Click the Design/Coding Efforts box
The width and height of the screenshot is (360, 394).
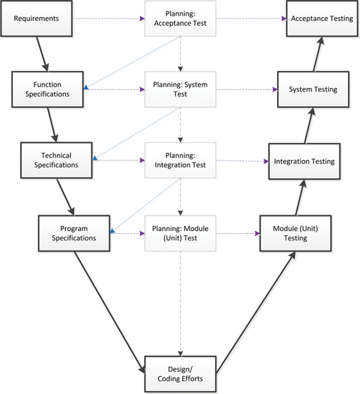click(180, 374)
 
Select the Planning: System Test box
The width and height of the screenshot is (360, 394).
click(180, 89)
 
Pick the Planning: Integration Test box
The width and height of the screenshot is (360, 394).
click(180, 160)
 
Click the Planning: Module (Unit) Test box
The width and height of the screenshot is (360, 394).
click(180, 232)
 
